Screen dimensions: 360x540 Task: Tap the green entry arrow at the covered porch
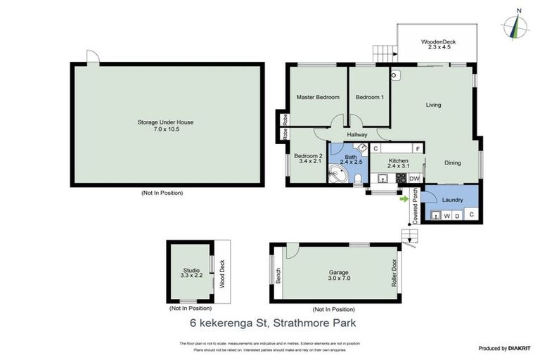[404, 199]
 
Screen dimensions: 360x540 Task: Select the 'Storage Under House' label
[165, 122]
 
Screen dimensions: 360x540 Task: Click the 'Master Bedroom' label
[318, 97]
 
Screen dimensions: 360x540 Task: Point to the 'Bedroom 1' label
[370, 97]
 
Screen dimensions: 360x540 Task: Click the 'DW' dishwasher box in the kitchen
[415, 179]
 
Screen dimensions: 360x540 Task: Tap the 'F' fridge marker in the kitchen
[418, 149]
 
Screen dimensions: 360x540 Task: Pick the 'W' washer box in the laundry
[446, 215]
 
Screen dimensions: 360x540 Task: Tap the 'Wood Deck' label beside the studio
[222, 274]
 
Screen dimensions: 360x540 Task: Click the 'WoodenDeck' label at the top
[439, 42]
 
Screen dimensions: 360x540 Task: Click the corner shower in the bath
[337, 173]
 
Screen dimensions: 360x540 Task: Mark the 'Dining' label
[452, 163]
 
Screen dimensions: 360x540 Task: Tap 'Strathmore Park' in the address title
[318, 324]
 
